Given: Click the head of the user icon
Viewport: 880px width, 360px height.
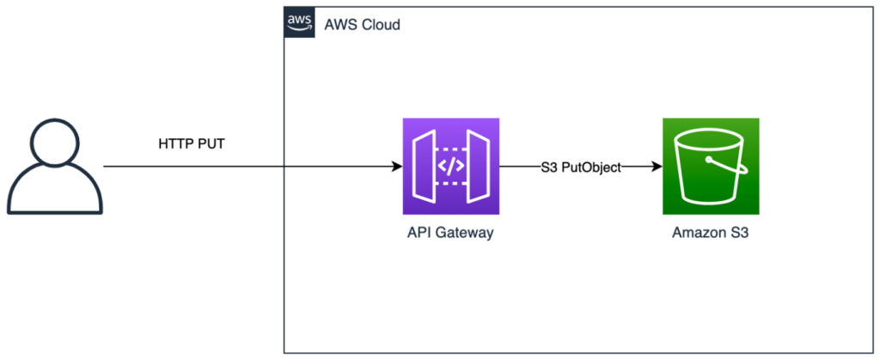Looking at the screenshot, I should click(55, 143).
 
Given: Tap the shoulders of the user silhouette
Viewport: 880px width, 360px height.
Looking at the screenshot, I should click(55, 194).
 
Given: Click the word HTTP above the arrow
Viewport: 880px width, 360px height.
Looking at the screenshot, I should click(175, 143).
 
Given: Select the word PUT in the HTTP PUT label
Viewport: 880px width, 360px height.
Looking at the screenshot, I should click(211, 143).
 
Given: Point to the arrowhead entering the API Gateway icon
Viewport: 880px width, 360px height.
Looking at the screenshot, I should click(397, 166).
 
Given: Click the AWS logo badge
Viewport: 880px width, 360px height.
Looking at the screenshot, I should click(299, 23).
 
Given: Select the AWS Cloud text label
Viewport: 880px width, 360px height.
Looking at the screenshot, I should click(362, 24).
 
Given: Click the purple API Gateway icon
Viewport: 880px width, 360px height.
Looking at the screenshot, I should click(450, 166).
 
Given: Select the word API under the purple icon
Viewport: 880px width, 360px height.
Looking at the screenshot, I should click(422, 233).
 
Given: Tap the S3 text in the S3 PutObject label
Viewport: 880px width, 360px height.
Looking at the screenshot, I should click(549, 167).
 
